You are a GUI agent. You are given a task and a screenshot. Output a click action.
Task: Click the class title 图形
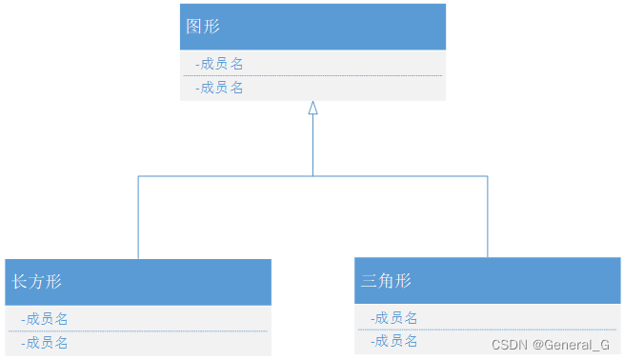click(x=203, y=27)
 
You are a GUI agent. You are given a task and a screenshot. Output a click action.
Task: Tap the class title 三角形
click(x=386, y=281)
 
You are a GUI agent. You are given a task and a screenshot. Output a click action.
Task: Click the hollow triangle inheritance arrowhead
click(x=312, y=109)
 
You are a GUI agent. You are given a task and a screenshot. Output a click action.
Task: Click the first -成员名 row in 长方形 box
click(x=44, y=319)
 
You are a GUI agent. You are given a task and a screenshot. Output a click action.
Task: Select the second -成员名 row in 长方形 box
click(x=44, y=343)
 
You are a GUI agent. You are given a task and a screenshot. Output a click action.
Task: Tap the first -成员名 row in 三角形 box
click(x=393, y=318)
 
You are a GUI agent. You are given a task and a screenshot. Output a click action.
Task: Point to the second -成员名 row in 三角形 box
click(x=393, y=341)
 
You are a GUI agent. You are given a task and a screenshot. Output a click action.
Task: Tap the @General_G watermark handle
click(x=572, y=345)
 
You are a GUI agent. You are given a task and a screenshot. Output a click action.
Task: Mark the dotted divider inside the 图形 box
click(x=312, y=75)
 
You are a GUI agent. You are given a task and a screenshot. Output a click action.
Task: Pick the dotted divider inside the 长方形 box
click(x=138, y=330)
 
